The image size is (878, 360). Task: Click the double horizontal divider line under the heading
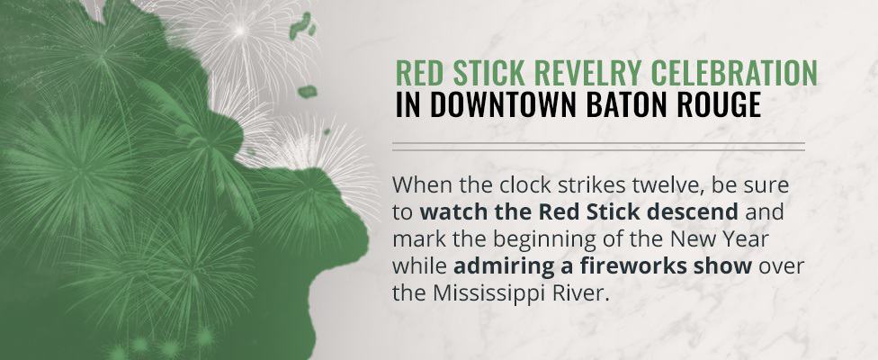(598, 146)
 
